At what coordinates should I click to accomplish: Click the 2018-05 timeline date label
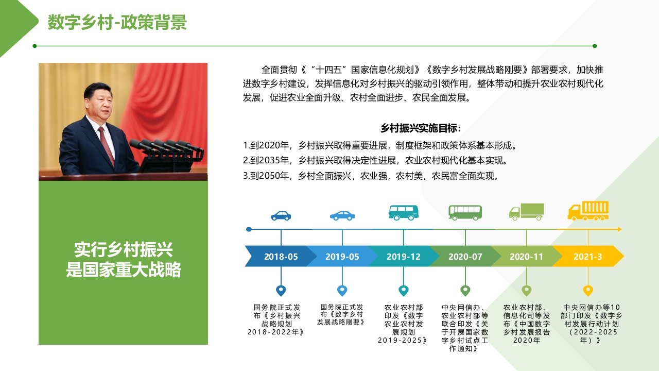click(281, 257)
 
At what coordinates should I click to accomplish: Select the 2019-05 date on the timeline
click(342, 257)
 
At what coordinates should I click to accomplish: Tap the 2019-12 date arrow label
click(403, 257)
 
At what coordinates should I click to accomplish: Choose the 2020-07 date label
click(465, 257)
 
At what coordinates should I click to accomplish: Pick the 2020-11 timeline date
click(526, 257)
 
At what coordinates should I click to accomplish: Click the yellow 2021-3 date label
click(588, 257)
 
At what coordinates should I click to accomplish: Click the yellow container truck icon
click(588, 211)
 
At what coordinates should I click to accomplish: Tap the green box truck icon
click(527, 212)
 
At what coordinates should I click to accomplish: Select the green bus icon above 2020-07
click(465, 213)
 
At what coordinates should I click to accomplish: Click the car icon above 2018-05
click(281, 215)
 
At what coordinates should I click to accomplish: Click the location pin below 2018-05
click(281, 291)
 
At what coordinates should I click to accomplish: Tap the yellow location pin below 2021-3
click(588, 291)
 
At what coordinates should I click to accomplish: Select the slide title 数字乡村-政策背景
click(117, 22)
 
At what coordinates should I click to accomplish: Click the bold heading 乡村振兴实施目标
click(421, 128)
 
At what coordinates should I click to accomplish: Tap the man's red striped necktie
click(106, 146)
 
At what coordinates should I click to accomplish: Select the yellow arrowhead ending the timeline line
click(619, 229)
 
